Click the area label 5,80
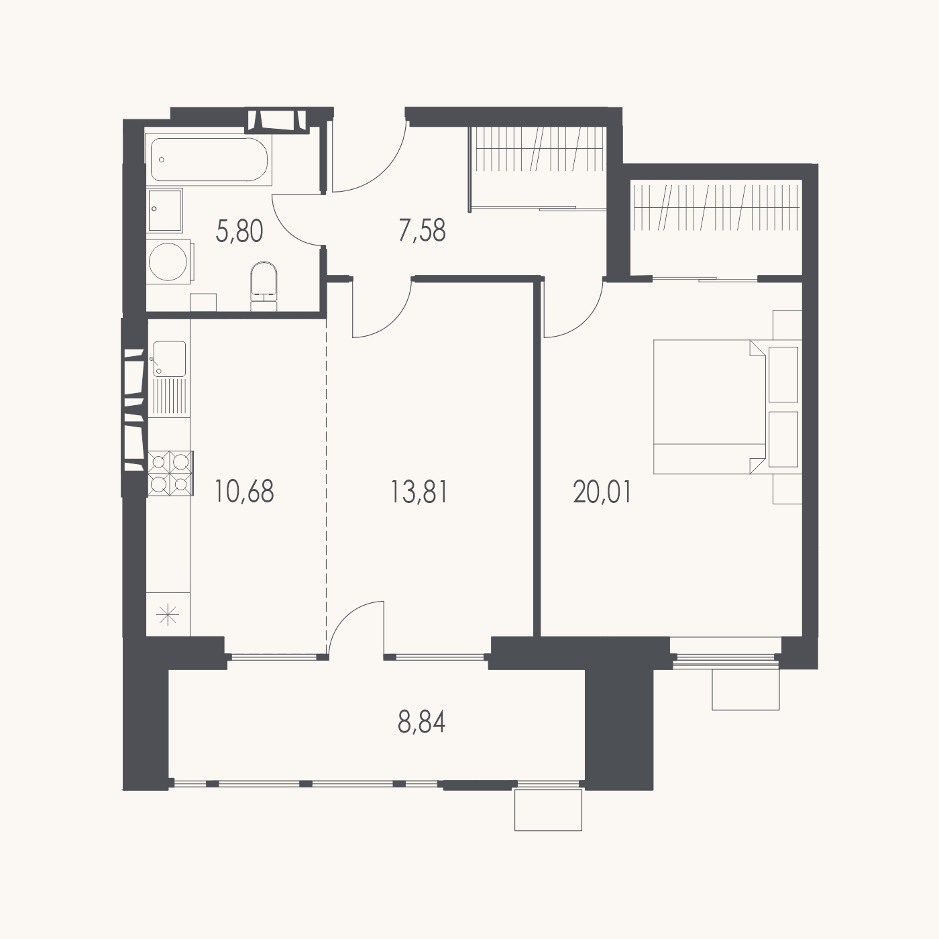[x=239, y=231]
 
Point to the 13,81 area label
[x=419, y=492]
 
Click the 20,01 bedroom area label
[x=602, y=492]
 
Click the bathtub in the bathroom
[x=209, y=160]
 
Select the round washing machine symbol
[x=168, y=262]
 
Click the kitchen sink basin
[x=170, y=359]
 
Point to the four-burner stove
[x=170, y=473]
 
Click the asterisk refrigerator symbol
[x=168, y=614]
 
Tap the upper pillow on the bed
[x=783, y=374]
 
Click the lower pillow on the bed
[x=783, y=439]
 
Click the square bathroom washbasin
[x=165, y=210]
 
